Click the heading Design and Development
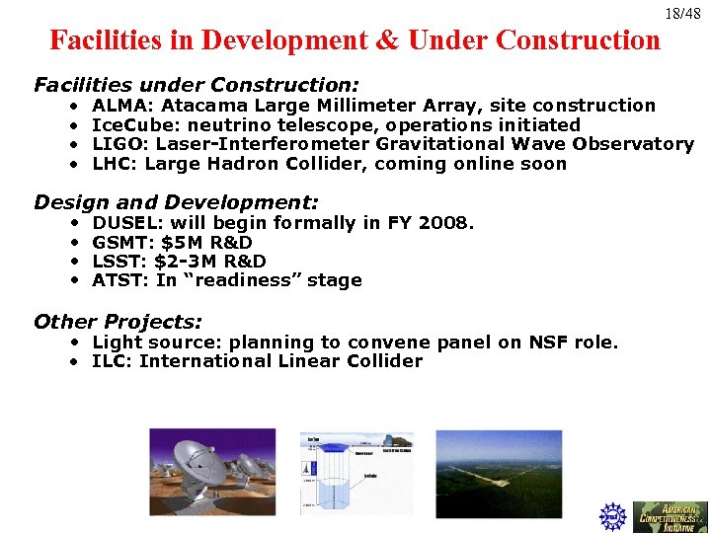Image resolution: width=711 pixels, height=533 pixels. (176, 202)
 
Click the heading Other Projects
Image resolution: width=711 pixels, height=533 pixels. (118, 322)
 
